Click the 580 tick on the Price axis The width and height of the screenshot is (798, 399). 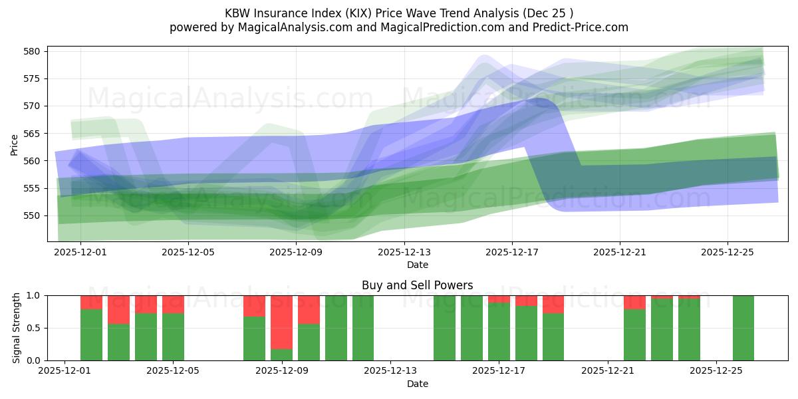click(34, 51)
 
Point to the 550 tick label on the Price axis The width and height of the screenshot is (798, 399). click(34, 215)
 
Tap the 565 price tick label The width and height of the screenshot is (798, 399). click(34, 134)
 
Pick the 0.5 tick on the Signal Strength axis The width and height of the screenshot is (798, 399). click(34, 328)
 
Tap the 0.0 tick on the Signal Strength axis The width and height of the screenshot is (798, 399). click(34, 360)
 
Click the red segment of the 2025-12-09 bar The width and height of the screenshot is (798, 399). click(281, 321)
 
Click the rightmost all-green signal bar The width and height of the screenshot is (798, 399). click(743, 328)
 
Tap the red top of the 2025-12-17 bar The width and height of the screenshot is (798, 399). click(499, 299)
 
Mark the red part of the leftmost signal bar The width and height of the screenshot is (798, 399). click(92, 302)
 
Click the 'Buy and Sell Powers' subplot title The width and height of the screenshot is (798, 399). click(417, 285)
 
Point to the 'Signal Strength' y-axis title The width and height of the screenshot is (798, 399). click(17, 328)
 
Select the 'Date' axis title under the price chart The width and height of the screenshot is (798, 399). click(417, 265)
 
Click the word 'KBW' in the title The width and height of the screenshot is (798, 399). click(239, 13)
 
